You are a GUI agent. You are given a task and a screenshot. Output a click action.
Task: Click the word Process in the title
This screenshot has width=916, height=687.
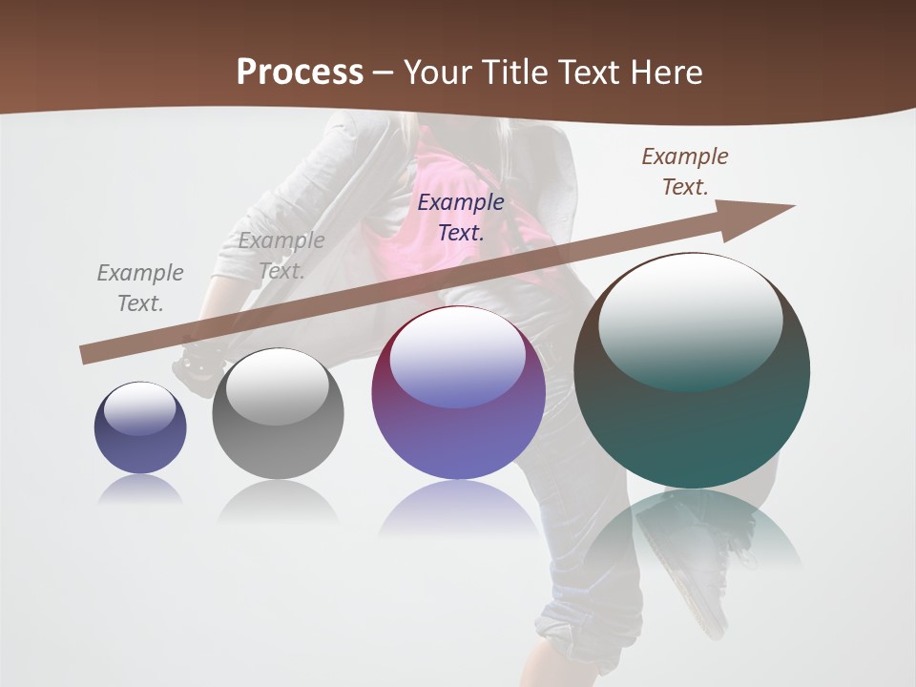[300, 72]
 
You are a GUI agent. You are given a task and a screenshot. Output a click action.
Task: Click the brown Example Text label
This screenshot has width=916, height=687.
[684, 172]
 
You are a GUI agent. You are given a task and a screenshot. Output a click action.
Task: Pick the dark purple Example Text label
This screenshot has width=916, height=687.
[461, 217]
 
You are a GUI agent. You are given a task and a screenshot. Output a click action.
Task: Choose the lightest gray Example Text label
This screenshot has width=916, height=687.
[281, 255]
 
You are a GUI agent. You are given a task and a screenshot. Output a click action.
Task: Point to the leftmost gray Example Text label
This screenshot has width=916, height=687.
[140, 287]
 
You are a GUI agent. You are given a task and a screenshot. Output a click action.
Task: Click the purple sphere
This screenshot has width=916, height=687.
[458, 420]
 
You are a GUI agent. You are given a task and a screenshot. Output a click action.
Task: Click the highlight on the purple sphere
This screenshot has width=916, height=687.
[458, 355]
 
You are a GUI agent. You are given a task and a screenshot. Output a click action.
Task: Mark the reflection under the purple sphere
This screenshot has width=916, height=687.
[458, 515]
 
